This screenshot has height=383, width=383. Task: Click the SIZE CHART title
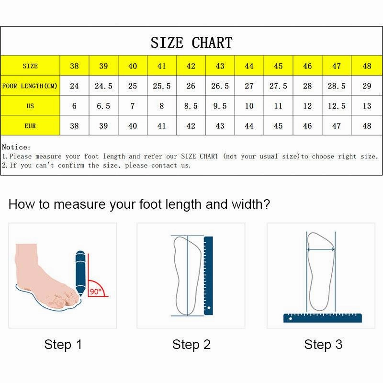(x=191, y=42)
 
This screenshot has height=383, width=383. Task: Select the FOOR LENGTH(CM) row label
(x=30, y=86)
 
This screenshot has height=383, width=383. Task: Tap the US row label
(x=30, y=106)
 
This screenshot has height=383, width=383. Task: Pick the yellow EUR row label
(x=30, y=126)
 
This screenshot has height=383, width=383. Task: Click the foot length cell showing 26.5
(x=220, y=86)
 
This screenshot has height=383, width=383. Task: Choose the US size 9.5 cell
(x=220, y=106)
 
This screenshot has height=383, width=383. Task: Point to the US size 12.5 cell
(x=337, y=106)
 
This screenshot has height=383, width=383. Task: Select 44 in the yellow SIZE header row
(x=249, y=66)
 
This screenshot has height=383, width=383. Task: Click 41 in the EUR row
(x=161, y=126)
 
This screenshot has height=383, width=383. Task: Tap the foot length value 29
(x=366, y=86)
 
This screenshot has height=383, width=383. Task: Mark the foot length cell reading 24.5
(x=103, y=86)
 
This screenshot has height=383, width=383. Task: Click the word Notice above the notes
(x=16, y=147)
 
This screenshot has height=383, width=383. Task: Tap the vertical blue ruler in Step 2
(x=208, y=275)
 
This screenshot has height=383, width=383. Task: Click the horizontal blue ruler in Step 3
(x=322, y=317)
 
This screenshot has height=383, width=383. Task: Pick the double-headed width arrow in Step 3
(x=320, y=249)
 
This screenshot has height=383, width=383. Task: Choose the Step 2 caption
(x=191, y=344)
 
